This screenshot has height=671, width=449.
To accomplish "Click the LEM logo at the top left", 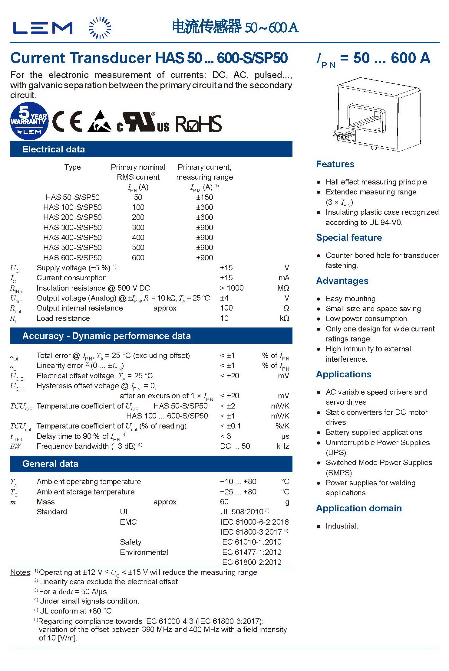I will [x=43, y=28].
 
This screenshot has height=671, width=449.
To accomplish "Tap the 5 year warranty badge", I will [x=29, y=121].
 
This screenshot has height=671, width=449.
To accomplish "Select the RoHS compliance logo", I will [x=198, y=124].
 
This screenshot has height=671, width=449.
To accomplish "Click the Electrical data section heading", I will [x=54, y=149].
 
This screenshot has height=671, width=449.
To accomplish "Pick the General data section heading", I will [x=50, y=464].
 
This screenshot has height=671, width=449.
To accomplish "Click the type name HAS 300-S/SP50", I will [x=72, y=227].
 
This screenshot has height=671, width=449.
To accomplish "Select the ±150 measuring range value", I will [x=204, y=197].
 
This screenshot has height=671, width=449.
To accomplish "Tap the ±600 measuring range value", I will [x=204, y=217].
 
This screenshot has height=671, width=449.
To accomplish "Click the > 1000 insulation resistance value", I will [x=232, y=288].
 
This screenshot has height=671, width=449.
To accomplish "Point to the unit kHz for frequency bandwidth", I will [x=282, y=446].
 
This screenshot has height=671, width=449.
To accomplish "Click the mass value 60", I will [x=224, y=502].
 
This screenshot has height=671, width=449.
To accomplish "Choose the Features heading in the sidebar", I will [x=335, y=164].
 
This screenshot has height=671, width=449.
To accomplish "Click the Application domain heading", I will [x=359, y=508].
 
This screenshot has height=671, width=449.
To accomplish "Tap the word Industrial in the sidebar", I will [x=342, y=526].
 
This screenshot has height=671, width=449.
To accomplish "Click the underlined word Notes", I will [x=20, y=572].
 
